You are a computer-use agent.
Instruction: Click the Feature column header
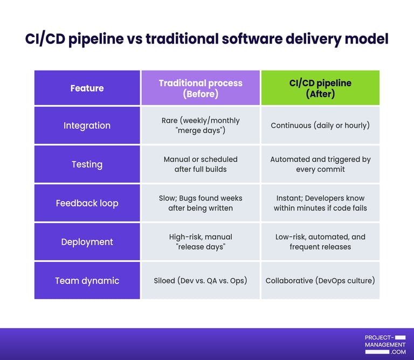click(x=87, y=88)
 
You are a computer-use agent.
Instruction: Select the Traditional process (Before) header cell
click(x=201, y=88)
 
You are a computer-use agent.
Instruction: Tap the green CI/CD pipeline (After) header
click(x=320, y=88)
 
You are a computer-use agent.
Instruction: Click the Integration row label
click(x=87, y=126)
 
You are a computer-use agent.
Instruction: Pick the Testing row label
click(x=87, y=164)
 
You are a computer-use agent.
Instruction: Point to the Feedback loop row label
click(x=87, y=203)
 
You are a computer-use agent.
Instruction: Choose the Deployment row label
click(x=87, y=242)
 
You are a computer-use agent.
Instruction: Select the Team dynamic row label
click(x=87, y=281)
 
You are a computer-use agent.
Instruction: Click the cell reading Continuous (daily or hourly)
click(x=320, y=126)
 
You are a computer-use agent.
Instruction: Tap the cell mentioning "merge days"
click(x=201, y=126)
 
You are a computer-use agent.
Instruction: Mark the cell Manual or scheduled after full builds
click(x=201, y=164)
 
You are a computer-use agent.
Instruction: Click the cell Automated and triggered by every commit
click(x=320, y=164)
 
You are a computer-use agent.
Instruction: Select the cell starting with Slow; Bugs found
click(x=201, y=203)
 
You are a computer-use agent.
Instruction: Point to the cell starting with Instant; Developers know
click(x=320, y=203)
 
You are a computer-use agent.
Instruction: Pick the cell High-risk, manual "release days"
click(x=201, y=242)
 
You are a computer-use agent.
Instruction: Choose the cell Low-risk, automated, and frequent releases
click(x=320, y=242)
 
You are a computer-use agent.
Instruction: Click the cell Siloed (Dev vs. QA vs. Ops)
click(x=201, y=281)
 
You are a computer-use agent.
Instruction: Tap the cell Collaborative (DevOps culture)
click(x=320, y=281)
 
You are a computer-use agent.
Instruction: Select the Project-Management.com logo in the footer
click(x=385, y=344)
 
